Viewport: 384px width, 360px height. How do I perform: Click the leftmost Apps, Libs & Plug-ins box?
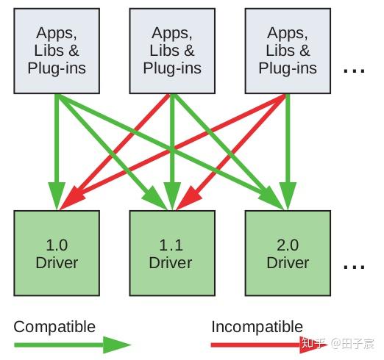(57, 51)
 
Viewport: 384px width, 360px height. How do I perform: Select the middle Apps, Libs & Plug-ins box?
(172, 51)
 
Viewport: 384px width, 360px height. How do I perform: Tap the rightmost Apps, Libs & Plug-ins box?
(288, 51)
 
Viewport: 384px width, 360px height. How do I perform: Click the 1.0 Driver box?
(57, 253)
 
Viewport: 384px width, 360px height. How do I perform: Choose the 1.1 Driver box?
(172, 253)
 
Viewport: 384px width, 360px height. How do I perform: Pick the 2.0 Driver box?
(288, 253)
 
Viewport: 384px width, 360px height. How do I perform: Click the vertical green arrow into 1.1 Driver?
(172, 147)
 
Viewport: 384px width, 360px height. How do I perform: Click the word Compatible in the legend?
(54, 326)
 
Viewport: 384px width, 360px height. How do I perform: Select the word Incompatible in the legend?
(257, 326)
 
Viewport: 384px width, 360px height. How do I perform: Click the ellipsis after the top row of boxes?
(354, 71)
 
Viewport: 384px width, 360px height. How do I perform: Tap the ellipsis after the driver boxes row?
(354, 266)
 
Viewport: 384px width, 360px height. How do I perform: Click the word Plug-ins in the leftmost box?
(57, 68)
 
